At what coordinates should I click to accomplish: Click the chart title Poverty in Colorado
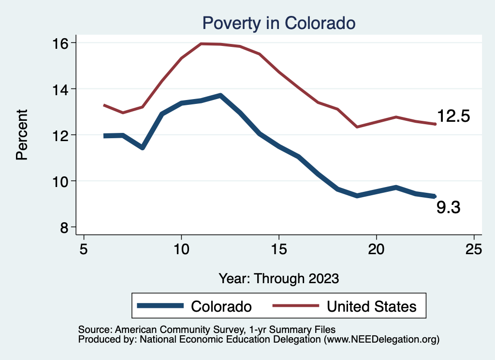(x=279, y=23)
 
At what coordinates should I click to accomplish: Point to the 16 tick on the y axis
(x=62, y=43)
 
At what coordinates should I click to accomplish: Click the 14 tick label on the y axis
(x=62, y=89)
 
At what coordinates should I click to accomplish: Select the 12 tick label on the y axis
(x=62, y=135)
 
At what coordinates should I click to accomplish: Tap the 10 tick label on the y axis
(x=62, y=181)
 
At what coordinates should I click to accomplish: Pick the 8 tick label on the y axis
(x=66, y=227)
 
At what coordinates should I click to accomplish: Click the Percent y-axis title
(x=22, y=135)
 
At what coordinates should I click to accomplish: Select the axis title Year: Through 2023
(x=279, y=278)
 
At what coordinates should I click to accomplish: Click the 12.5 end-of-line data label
(x=453, y=116)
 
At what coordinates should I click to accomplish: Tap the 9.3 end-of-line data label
(x=448, y=208)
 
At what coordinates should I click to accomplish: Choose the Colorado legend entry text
(x=221, y=306)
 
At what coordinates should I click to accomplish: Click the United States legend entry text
(x=371, y=306)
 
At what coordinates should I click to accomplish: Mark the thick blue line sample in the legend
(x=160, y=306)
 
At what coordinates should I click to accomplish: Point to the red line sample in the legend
(x=296, y=306)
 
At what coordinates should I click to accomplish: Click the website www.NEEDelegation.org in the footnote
(x=382, y=340)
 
